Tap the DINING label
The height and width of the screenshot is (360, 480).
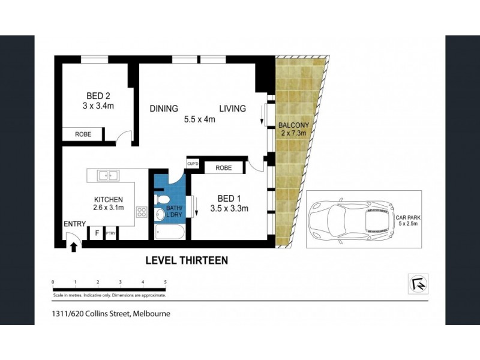[x=164, y=109]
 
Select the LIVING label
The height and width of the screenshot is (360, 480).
[x=232, y=109]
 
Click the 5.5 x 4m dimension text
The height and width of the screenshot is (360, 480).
[x=199, y=119]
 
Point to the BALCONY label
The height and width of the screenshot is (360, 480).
[x=293, y=125]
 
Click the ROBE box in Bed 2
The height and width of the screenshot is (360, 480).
[x=83, y=134]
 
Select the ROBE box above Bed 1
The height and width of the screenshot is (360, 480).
[x=224, y=168]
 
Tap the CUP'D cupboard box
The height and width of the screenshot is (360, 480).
[x=193, y=164]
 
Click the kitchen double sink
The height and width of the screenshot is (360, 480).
[x=109, y=176]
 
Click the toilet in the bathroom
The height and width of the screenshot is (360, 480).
[x=160, y=199]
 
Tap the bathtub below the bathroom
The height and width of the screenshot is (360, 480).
[x=171, y=232]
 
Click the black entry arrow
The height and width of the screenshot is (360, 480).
[x=74, y=247]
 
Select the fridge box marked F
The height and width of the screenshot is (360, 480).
[x=96, y=233]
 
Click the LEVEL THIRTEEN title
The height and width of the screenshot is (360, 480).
[x=187, y=260]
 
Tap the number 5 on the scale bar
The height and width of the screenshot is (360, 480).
[x=165, y=281]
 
